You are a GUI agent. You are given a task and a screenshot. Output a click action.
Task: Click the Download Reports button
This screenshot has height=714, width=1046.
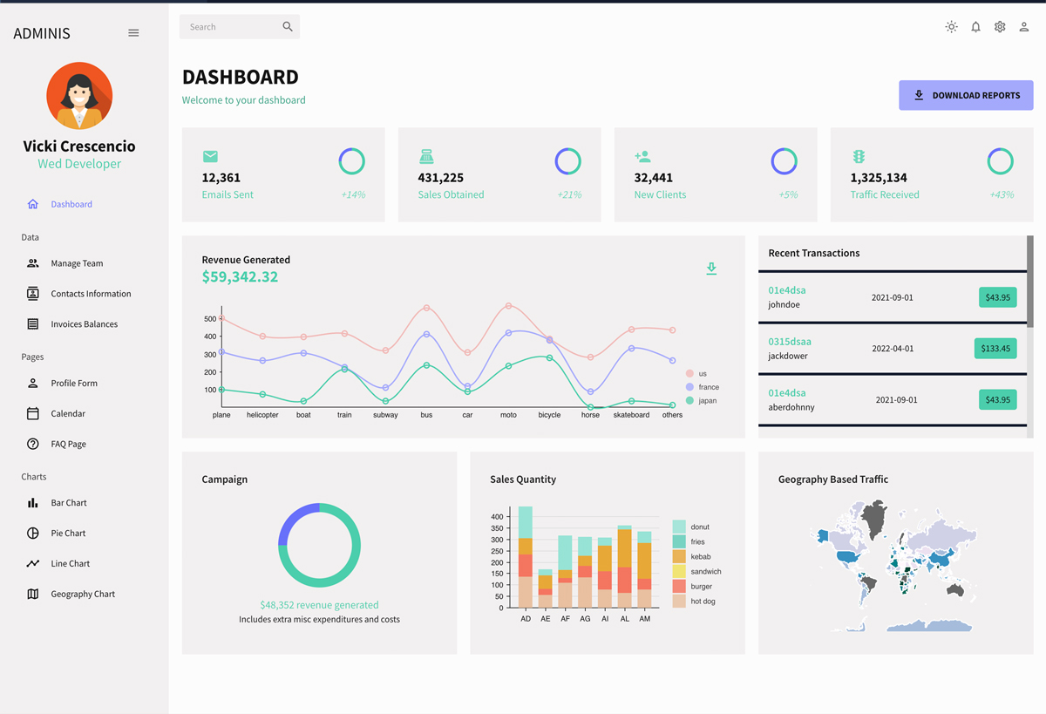click(x=966, y=95)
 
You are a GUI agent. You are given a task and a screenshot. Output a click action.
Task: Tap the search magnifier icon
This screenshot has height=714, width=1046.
click(x=288, y=27)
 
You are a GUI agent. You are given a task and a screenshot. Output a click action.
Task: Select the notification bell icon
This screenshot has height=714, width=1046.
click(x=975, y=27)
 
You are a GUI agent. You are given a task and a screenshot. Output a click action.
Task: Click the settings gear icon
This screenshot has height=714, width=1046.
click(x=1000, y=27)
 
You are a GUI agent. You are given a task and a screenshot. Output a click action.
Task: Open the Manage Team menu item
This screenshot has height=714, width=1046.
click(x=77, y=263)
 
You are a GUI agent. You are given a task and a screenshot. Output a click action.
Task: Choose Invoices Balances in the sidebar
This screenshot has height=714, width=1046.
click(x=84, y=324)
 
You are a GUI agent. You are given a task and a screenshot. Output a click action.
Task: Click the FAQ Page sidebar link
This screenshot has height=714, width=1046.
click(x=68, y=444)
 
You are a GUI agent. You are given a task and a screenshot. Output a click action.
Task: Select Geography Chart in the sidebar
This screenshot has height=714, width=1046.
click(x=83, y=594)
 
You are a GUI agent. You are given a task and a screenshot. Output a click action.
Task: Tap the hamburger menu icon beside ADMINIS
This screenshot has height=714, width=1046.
click(x=133, y=33)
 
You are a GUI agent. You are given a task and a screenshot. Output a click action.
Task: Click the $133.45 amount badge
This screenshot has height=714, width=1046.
click(x=995, y=349)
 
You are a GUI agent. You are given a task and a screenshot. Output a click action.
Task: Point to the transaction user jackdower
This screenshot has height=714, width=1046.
click(x=788, y=356)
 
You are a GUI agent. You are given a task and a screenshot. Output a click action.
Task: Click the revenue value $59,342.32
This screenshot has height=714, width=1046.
click(x=240, y=277)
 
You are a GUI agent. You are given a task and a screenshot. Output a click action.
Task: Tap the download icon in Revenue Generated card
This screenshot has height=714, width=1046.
click(x=711, y=269)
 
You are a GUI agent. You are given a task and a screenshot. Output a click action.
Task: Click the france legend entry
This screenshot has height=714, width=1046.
click(x=708, y=387)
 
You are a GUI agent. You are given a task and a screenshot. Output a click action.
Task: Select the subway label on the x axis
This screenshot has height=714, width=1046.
click(x=385, y=415)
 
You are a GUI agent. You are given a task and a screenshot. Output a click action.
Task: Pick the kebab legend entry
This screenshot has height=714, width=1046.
click(x=700, y=556)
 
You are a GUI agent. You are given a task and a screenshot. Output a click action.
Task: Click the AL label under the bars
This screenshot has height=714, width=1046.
click(x=625, y=618)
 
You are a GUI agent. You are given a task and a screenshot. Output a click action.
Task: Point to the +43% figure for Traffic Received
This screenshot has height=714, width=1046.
click(x=1002, y=194)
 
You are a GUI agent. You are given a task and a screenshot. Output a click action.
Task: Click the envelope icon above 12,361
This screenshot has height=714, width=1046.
click(x=210, y=157)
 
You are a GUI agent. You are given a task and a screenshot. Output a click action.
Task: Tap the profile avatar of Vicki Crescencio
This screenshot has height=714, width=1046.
click(x=79, y=96)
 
